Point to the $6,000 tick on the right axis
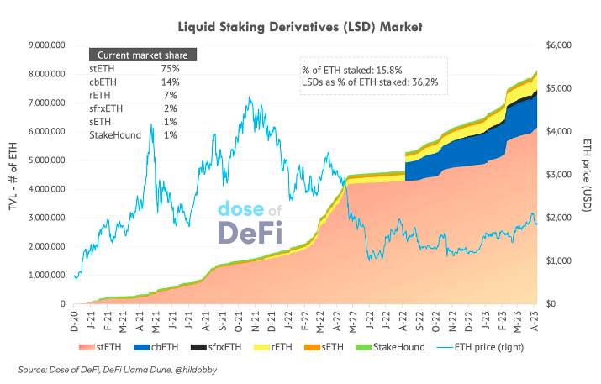click(561, 45)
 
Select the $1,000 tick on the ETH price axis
click(561, 260)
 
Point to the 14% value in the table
click(170, 82)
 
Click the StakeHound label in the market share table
click(114, 134)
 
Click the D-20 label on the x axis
click(76, 320)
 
